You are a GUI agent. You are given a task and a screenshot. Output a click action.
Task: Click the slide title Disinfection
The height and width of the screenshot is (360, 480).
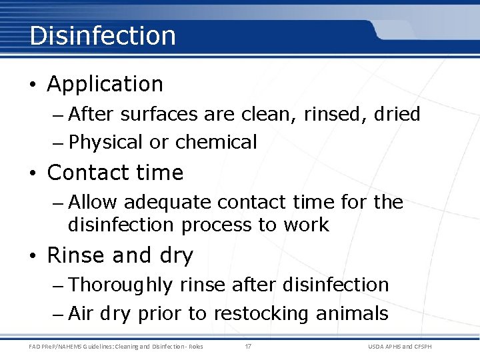103,35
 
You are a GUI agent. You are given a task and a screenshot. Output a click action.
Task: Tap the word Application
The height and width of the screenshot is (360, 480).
105,85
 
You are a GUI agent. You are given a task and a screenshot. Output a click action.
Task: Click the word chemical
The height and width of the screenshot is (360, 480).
216,143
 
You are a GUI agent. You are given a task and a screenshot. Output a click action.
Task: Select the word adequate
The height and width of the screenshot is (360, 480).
167,203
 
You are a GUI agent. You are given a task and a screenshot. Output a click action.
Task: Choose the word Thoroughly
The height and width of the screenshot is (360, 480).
120,285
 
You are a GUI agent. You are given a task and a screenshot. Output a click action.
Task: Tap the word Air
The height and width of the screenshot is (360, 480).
81,314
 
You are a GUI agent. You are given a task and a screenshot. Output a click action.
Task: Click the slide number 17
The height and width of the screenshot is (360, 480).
248,346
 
